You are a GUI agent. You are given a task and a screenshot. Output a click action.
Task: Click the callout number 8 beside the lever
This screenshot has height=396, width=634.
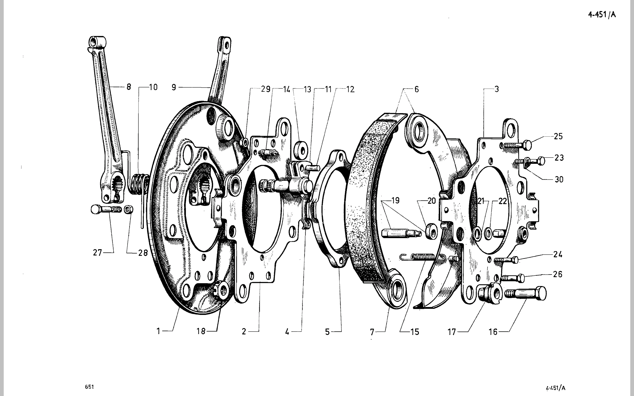[129, 87]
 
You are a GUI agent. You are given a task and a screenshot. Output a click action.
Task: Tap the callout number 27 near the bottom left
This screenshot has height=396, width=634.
[97, 252]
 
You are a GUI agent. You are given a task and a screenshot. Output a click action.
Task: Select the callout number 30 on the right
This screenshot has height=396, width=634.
[559, 179]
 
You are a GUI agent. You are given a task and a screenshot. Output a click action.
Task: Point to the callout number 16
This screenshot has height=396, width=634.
[493, 332]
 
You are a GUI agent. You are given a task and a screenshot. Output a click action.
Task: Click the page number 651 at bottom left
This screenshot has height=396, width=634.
[89, 387]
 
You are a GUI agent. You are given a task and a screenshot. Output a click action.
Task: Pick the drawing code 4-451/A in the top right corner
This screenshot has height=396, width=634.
[602, 14]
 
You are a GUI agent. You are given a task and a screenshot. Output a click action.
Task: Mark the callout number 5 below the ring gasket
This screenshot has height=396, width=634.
[327, 332]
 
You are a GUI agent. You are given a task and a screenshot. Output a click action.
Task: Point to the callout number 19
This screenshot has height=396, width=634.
[395, 200]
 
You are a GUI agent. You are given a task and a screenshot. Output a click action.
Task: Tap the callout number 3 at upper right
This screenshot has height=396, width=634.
[497, 89]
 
